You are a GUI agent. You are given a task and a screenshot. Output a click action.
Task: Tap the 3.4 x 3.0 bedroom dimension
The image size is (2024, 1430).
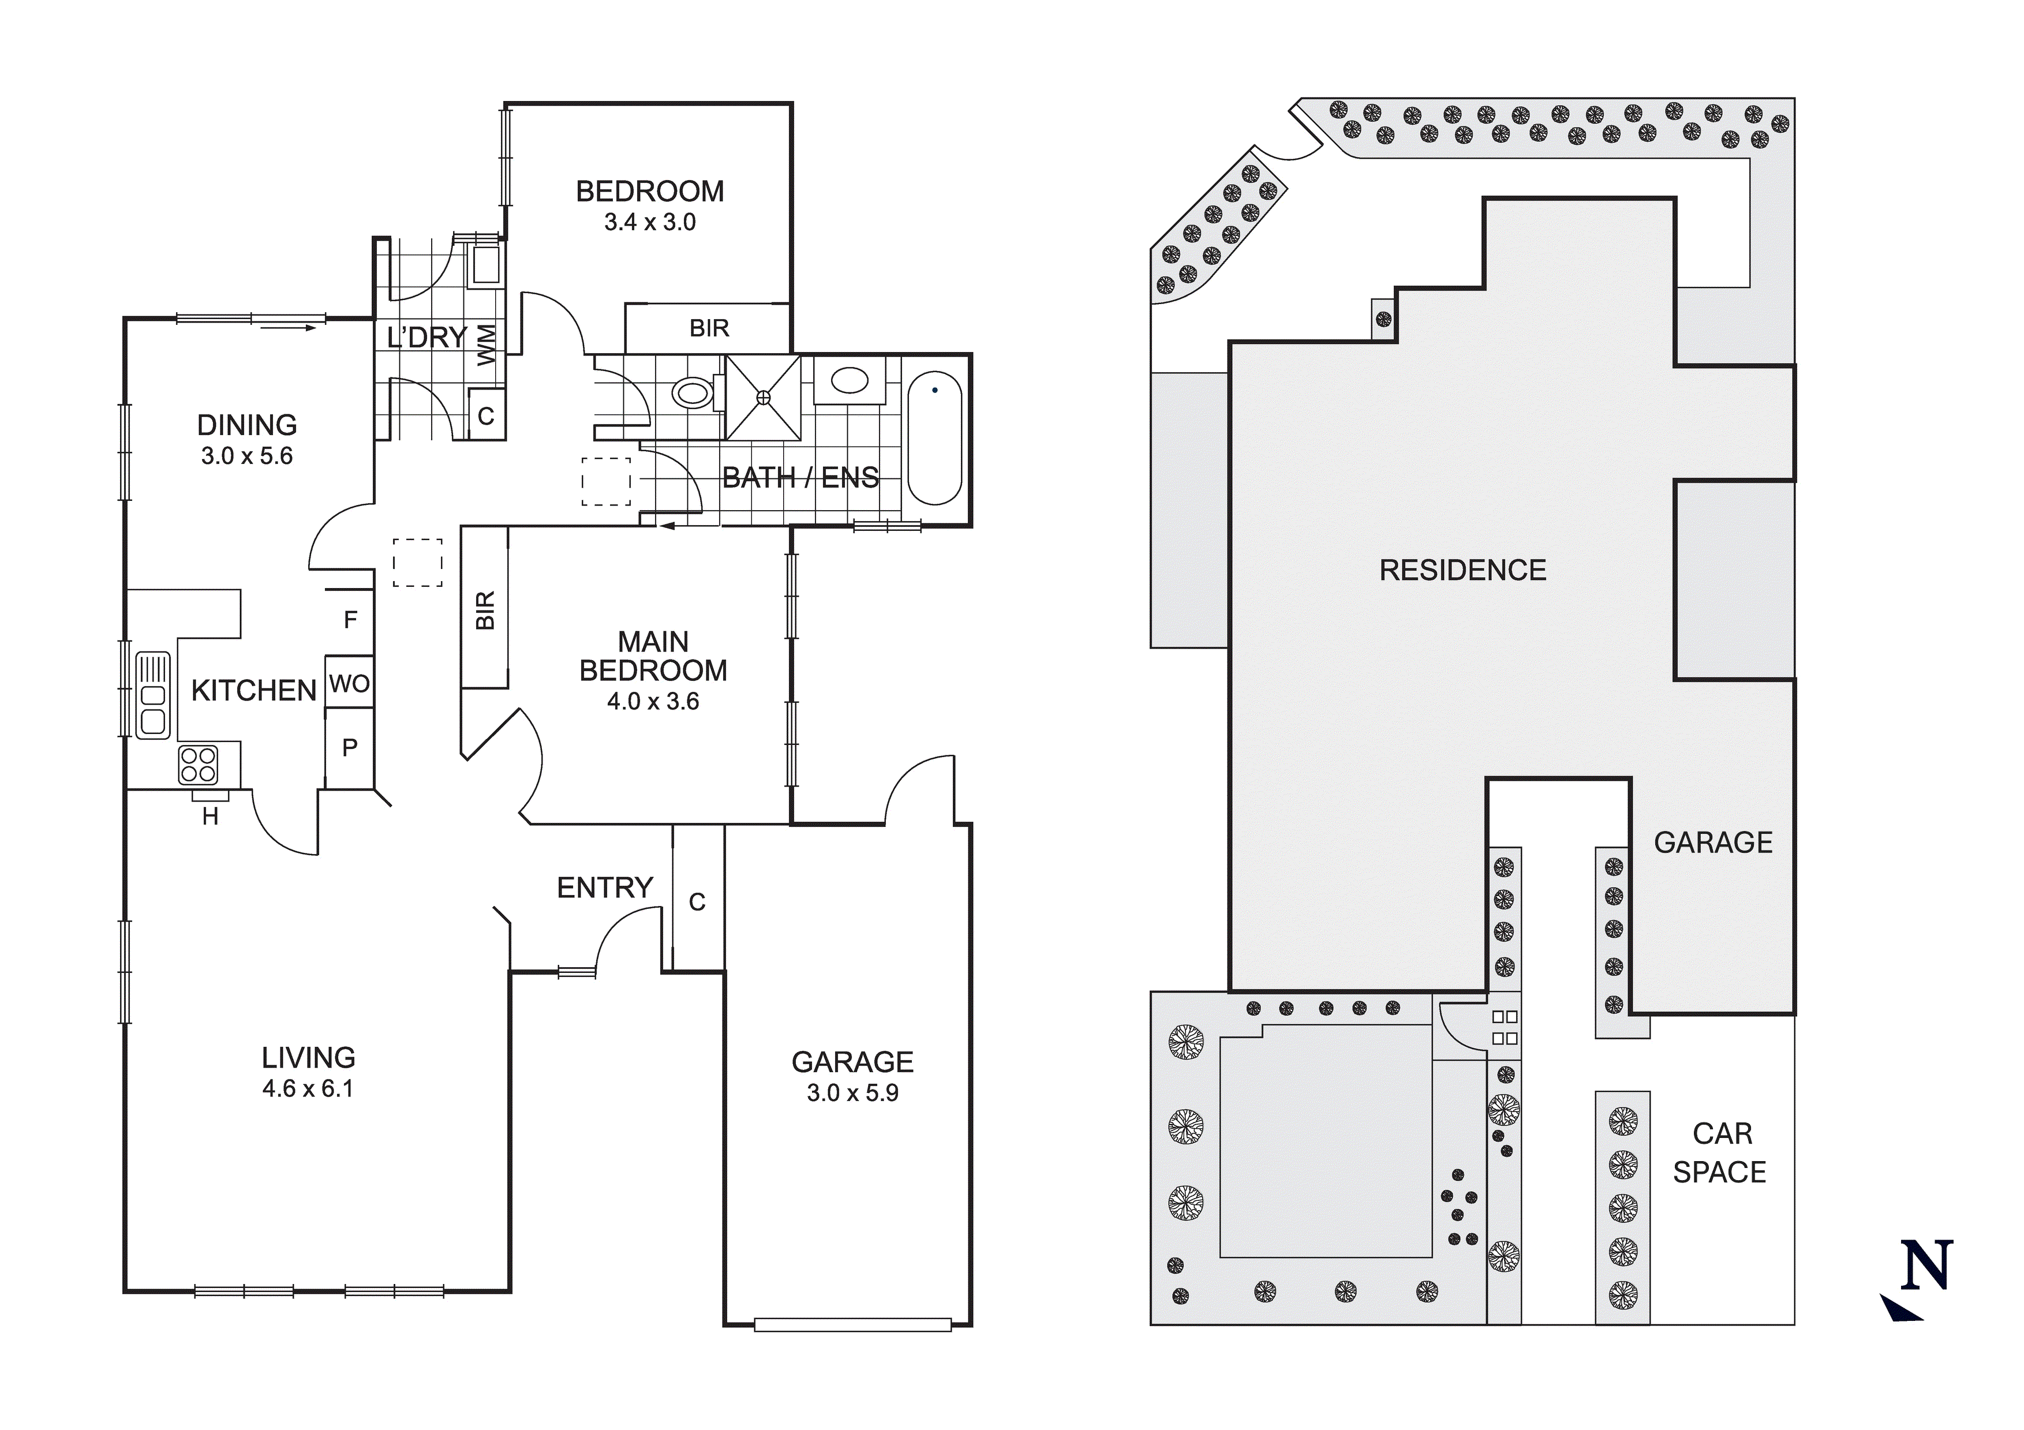(x=650, y=222)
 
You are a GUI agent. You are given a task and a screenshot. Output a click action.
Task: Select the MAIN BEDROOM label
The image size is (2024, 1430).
(x=653, y=656)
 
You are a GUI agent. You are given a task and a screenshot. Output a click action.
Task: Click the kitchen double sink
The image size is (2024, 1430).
(x=152, y=695)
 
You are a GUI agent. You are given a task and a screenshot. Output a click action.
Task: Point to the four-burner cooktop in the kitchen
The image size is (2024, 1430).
(x=197, y=765)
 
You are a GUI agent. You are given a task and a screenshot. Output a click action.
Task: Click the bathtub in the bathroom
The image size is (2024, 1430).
(x=934, y=438)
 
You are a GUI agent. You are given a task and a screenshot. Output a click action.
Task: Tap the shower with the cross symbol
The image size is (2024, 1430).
(x=764, y=398)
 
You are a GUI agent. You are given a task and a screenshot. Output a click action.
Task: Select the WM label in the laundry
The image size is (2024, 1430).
(x=487, y=345)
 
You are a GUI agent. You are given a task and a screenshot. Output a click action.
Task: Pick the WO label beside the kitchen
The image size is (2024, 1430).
(x=349, y=683)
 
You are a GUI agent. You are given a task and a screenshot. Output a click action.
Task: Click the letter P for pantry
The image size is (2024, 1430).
(x=350, y=748)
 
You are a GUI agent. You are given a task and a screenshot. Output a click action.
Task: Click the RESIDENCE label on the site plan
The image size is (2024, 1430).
(x=1462, y=570)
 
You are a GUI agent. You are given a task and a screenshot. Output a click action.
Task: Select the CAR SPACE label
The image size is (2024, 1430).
(x=1720, y=1152)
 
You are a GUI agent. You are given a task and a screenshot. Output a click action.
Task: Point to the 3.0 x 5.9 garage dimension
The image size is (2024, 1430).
(x=852, y=1093)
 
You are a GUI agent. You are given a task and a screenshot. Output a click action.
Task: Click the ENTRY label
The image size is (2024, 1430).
(x=605, y=888)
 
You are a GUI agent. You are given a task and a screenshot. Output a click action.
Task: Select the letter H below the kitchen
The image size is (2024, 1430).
(x=210, y=817)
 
